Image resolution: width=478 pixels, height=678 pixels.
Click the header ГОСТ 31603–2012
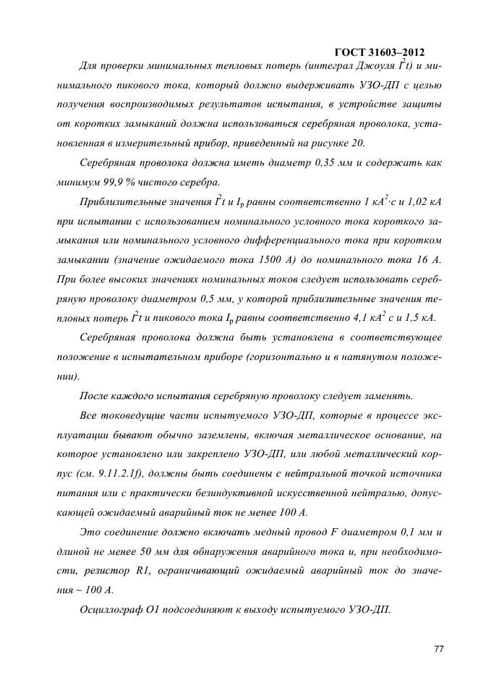(x=380, y=52)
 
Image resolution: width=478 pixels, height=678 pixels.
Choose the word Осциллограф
(x=108, y=608)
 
